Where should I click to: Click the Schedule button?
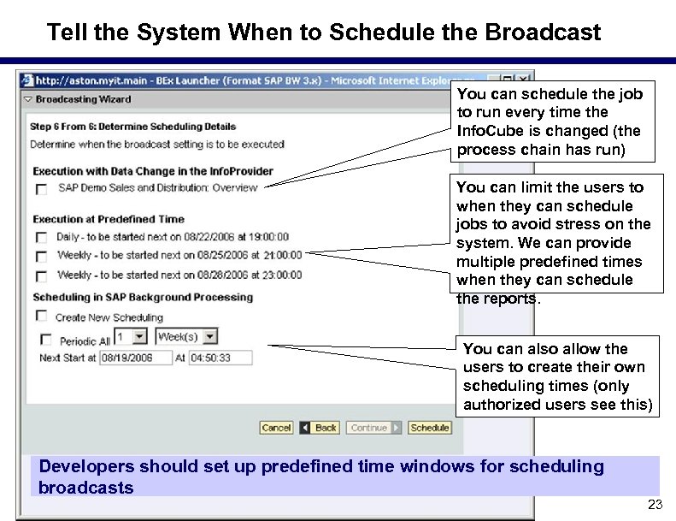tap(429, 428)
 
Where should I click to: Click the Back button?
tap(320, 428)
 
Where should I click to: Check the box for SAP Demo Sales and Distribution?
tap(41, 189)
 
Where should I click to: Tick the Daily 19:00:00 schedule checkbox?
tap(41, 238)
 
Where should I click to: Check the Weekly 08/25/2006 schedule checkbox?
tap(41, 257)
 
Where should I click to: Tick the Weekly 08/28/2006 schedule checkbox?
tap(41, 276)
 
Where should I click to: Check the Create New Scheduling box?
tap(41, 317)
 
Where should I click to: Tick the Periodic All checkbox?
tap(46, 340)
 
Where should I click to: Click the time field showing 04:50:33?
tap(220, 358)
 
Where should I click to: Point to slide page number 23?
tap(655, 505)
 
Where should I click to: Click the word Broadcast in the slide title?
tap(543, 33)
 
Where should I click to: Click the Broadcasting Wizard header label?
tap(83, 99)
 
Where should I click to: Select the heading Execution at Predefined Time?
tap(109, 219)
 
